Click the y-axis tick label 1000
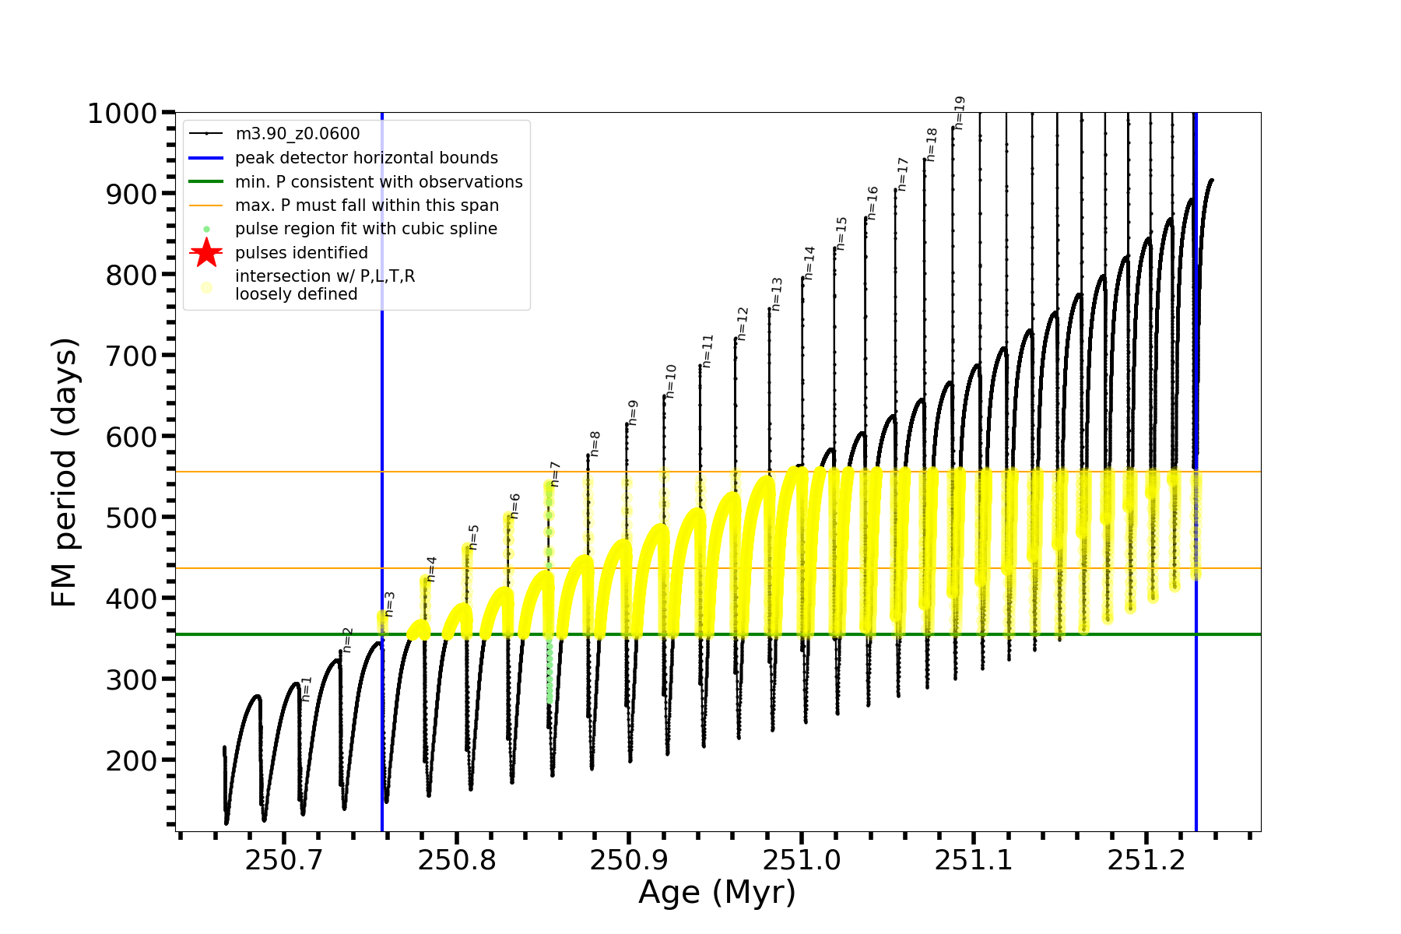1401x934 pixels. click(122, 114)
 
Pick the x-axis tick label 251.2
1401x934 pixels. click(1146, 860)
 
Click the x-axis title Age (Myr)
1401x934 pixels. click(717, 893)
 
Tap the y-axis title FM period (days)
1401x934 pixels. click(65, 472)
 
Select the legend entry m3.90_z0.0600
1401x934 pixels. click(297, 134)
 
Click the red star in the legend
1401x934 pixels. click(206, 253)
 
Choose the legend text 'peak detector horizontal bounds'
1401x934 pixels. click(366, 158)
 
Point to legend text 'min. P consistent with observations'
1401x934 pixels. click(378, 182)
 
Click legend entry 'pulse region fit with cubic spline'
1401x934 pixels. click(366, 229)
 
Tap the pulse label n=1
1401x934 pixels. click(307, 689)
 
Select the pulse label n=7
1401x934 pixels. click(556, 474)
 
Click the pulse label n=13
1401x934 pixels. click(777, 294)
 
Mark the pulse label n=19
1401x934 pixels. click(960, 113)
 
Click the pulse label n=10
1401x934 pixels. click(671, 381)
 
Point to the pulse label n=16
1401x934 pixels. click(873, 203)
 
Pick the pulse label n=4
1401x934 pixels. click(432, 569)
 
